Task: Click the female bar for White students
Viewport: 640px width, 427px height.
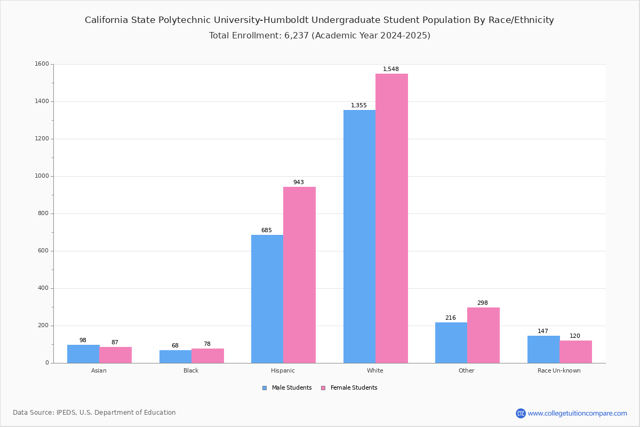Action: tap(391, 218)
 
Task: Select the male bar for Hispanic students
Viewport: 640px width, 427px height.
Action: tap(267, 299)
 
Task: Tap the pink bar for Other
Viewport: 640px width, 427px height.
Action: tap(483, 335)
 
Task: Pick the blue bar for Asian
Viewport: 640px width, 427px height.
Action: tap(83, 354)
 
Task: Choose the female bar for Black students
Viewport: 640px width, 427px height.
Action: tap(207, 356)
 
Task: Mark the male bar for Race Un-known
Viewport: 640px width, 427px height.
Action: tap(543, 350)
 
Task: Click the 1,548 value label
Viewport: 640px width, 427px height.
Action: tap(390, 69)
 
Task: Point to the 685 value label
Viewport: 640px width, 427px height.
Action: tap(267, 230)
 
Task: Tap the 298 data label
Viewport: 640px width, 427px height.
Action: tap(483, 303)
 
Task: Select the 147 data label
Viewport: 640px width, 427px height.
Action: tap(543, 331)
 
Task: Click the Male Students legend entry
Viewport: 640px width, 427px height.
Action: tap(287, 388)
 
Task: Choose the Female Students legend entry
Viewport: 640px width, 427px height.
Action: tap(349, 388)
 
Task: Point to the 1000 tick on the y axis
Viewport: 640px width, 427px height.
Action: tap(42, 176)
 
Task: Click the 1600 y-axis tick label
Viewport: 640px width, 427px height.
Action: tap(42, 64)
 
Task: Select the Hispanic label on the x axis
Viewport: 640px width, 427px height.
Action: tap(283, 370)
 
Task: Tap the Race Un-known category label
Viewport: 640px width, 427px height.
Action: tap(559, 370)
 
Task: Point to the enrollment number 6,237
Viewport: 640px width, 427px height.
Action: tap(297, 35)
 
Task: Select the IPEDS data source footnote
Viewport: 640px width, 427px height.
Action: tap(94, 413)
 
